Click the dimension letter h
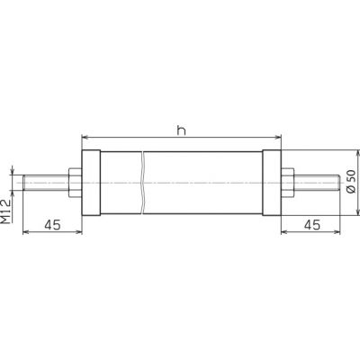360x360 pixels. tap(181, 130)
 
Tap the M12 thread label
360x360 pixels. tap(6, 211)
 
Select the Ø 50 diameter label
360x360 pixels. tap(351, 181)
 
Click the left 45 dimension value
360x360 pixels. tap(52, 225)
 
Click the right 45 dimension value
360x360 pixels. tap(312, 225)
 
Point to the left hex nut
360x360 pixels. tap(75, 183)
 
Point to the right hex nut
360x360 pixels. tap(288, 183)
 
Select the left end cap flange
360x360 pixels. tap(91, 183)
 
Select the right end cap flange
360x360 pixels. tap(272, 183)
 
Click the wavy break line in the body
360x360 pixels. tap(143, 183)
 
